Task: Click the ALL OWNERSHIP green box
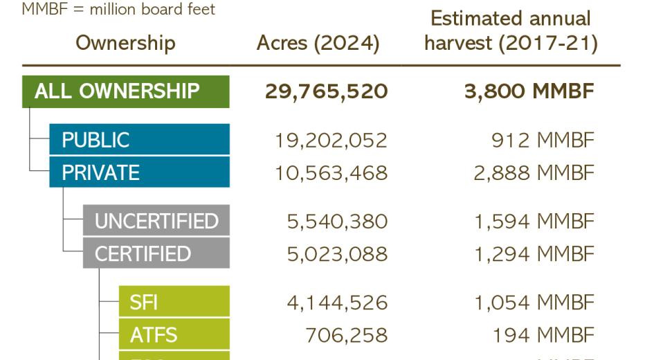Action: [x=125, y=91]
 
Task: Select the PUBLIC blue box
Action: [x=139, y=140]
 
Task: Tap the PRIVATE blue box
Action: [x=139, y=172]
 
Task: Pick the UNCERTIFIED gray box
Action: [x=156, y=221]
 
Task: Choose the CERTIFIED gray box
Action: [x=156, y=253]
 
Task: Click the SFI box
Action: [x=174, y=303]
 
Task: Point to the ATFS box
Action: [x=174, y=335]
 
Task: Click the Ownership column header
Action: [x=125, y=43]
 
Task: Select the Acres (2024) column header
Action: [x=318, y=43]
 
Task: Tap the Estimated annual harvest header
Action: [x=511, y=30]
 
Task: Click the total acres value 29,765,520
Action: [x=326, y=91]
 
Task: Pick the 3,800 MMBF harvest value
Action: [x=529, y=91]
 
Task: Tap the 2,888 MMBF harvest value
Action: [x=534, y=172]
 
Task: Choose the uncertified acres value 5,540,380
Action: [x=337, y=222]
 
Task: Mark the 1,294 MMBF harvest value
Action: [x=534, y=254]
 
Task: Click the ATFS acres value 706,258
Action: [x=346, y=336]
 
